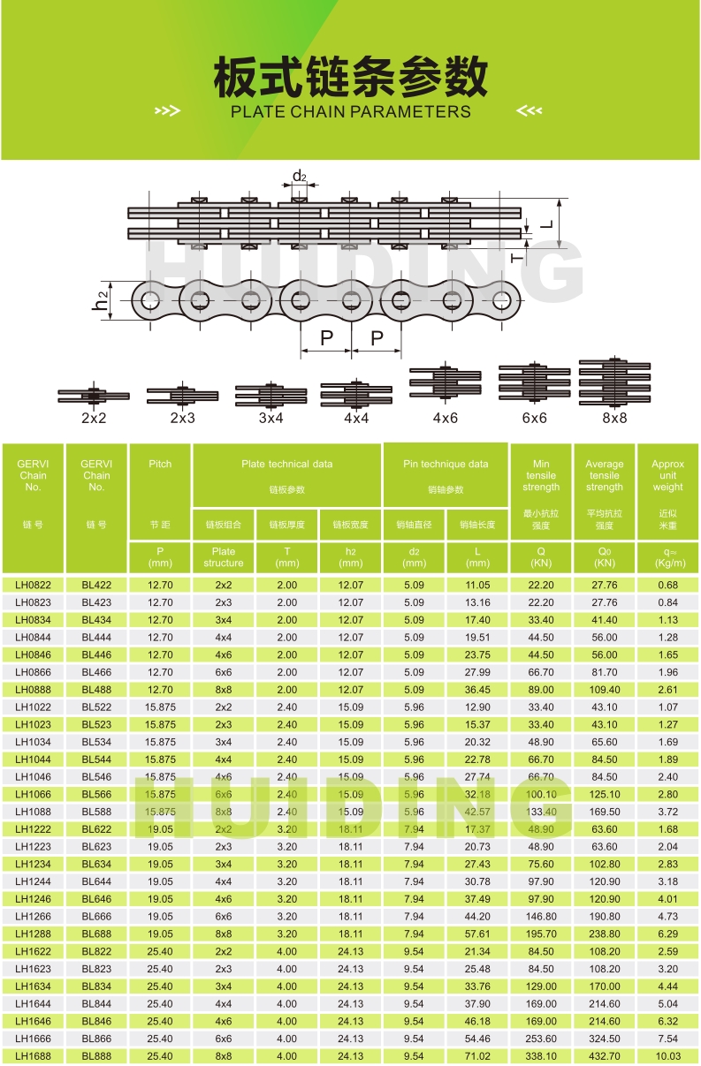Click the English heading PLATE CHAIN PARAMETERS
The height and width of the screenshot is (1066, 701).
pyautogui.click(x=350, y=111)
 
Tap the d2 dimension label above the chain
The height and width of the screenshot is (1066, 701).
pyautogui.click(x=300, y=177)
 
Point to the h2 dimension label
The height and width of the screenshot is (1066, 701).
pyautogui.click(x=100, y=300)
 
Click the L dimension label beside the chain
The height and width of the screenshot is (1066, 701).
pyautogui.click(x=547, y=223)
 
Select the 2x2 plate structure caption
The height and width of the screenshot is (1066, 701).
pyautogui.click(x=94, y=418)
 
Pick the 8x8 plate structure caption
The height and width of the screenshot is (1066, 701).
pyautogui.click(x=614, y=418)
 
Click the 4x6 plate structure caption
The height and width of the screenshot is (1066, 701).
pyautogui.click(x=446, y=418)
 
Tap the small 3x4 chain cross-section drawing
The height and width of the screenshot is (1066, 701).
pyautogui.click(x=271, y=396)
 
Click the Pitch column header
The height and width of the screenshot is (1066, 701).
pyautogui.click(x=160, y=464)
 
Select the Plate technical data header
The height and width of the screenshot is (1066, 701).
pyautogui.click(x=286, y=464)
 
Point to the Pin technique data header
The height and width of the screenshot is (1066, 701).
pyautogui.click(x=446, y=464)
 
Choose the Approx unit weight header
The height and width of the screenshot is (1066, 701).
pyautogui.click(x=667, y=475)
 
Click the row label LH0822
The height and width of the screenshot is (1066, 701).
pyautogui.click(x=33, y=585)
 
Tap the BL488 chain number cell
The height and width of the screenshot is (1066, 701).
pyautogui.click(x=96, y=690)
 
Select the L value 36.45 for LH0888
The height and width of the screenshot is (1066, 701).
pyautogui.click(x=477, y=690)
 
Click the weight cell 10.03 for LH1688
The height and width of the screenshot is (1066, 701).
pyautogui.click(x=668, y=1056)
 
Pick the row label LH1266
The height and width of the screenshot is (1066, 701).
pyautogui.click(x=33, y=916)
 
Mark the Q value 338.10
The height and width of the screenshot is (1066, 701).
pyautogui.click(x=541, y=1056)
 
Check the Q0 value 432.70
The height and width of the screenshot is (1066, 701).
pyautogui.click(x=605, y=1056)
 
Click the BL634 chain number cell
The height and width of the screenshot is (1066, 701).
pyautogui.click(x=96, y=864)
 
